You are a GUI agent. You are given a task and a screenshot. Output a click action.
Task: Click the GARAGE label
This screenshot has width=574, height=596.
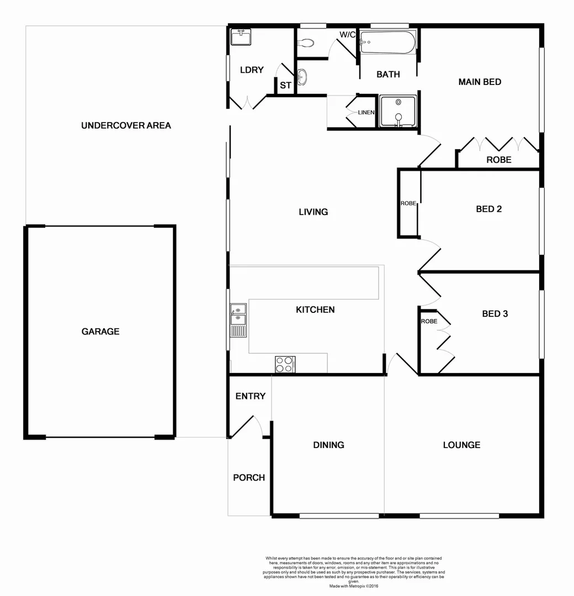coord(100,332)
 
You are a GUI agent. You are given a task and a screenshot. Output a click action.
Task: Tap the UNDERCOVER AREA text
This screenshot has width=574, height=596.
coord(126,125)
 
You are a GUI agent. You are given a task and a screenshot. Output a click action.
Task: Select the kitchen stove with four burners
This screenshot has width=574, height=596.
coord(285,365)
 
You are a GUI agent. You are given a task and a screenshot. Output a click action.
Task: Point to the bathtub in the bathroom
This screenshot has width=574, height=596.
coord(387,42)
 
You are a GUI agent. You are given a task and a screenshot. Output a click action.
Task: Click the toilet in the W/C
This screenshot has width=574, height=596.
coord(306,42)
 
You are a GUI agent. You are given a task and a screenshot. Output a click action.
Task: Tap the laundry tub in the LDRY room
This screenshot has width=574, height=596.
coord(241,37)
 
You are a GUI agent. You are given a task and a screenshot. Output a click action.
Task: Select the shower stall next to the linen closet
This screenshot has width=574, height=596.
coord(398,112)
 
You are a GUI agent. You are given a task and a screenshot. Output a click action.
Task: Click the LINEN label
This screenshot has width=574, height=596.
coord(366,113)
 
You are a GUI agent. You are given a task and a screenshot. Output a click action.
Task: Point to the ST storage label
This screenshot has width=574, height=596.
coord(285,86)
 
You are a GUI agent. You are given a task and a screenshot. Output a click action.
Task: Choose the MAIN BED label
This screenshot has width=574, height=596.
coord(480,82)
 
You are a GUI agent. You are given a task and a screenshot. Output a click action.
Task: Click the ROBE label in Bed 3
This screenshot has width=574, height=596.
coord(429,321)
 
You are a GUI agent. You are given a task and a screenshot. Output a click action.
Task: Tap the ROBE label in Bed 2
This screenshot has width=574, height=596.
coord(408,203)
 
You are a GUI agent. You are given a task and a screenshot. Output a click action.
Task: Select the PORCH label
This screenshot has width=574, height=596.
coord(249,477)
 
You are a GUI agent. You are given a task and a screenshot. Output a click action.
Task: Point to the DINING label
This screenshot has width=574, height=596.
coord(328,445)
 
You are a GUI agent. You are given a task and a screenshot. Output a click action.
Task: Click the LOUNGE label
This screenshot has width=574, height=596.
coord(461,445)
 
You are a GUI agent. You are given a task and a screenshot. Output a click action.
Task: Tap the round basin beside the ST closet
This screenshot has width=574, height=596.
coord(302,77)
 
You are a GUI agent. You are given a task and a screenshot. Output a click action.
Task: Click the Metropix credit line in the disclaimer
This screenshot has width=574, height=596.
coord(354,586)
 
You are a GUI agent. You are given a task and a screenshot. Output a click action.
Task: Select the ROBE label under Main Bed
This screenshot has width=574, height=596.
coord(498,160)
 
